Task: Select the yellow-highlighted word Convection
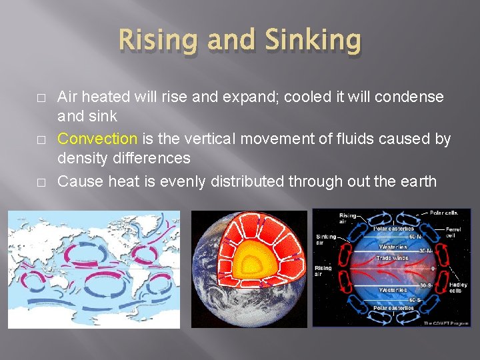[x=97, y=139]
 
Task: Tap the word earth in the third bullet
[x=417, y=181]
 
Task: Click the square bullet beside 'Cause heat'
[x=23, y=181]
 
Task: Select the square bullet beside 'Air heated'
[x=23, y=97]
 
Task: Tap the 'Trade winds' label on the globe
[x=392, y=257]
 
